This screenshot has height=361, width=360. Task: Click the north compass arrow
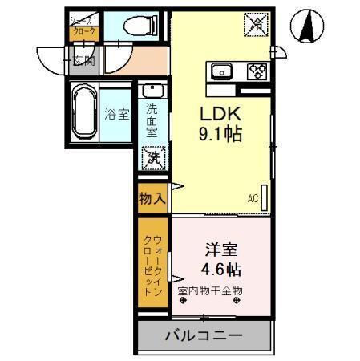308,26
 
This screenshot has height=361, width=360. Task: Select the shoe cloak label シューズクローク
84,26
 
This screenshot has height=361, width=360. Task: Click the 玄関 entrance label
83,60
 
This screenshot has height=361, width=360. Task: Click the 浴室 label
116,114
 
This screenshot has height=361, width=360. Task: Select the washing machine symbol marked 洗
152,157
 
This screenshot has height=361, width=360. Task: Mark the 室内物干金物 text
209,290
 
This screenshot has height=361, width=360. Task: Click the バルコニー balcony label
204,334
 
